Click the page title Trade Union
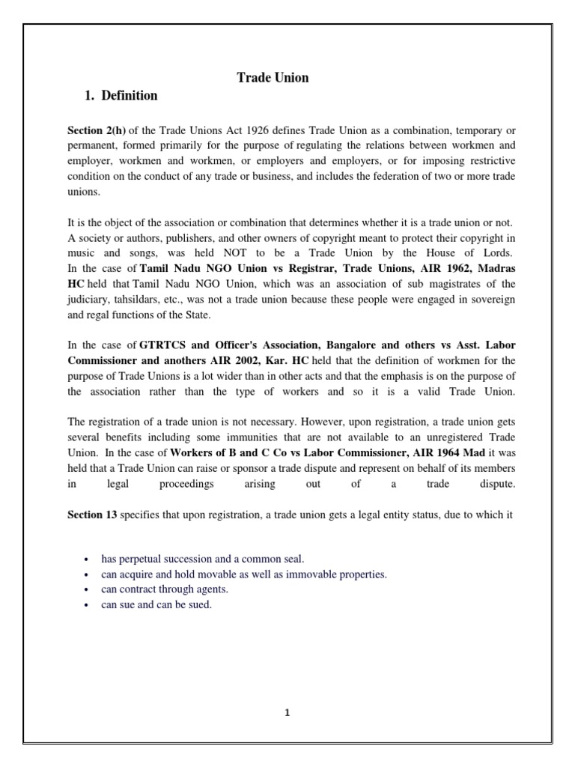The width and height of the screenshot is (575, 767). click(273, 77)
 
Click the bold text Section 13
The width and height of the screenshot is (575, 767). click(92, 515)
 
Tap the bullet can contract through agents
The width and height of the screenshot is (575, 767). click(164, 589)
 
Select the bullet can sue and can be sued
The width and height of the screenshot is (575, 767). click(156, 604)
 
